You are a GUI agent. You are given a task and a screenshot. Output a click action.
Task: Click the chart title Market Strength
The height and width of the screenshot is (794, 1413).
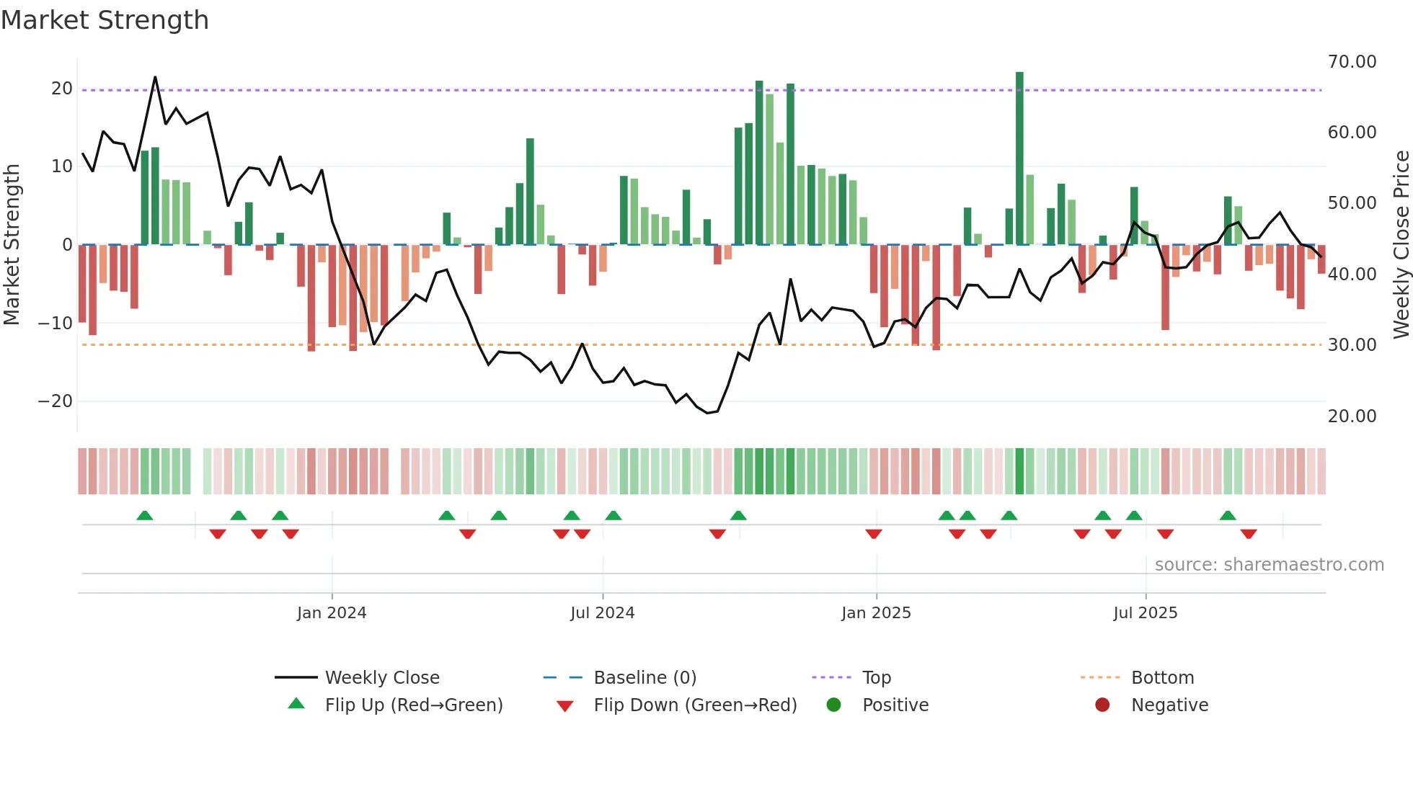coord(105,20)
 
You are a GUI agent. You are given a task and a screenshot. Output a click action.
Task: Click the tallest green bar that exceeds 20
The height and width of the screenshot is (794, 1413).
coord(1019,159)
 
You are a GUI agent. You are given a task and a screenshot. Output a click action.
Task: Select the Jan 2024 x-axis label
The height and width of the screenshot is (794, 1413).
coord(332,613)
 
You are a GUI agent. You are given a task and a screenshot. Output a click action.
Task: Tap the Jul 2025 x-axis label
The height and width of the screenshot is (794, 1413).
coord(1145,613)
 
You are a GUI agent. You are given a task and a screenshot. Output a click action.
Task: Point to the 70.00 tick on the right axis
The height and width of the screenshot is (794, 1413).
coord(1352,62)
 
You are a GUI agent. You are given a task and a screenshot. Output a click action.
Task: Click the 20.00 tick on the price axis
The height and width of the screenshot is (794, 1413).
coord(1352,416)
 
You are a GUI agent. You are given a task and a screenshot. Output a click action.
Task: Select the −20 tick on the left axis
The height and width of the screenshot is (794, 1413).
coord(56,401)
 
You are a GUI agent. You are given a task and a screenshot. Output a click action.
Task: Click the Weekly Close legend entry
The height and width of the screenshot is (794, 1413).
coord(381,678)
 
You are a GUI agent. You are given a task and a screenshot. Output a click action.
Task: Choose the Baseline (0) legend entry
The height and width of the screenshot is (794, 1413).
coord(645,678)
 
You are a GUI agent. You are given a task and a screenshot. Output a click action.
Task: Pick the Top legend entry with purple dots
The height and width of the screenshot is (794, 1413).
coord(876,678)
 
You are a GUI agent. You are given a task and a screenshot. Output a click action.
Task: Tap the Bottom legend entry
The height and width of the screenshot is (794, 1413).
coord(1162,678)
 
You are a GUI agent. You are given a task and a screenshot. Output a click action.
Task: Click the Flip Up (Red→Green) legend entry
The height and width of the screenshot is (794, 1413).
coord(413,705)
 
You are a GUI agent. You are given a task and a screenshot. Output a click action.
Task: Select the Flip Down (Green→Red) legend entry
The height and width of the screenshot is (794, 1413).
coord(695,705)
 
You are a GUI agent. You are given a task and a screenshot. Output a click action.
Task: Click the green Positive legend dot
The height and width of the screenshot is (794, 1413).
coord(834,705)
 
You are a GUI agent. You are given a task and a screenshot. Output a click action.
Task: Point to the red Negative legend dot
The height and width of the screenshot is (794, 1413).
coord(1102,705)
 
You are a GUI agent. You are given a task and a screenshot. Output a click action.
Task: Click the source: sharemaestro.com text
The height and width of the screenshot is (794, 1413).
coord(1269,565)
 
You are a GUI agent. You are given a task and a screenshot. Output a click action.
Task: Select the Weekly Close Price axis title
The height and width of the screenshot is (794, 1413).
coord(1401,244)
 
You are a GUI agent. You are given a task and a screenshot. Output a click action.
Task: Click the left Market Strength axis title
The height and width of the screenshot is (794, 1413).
coord(12,244)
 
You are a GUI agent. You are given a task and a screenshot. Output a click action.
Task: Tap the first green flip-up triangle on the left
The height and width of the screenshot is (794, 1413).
coord(145,516)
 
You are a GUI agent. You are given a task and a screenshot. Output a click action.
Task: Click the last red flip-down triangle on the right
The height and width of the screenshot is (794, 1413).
coord(1249,534)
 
